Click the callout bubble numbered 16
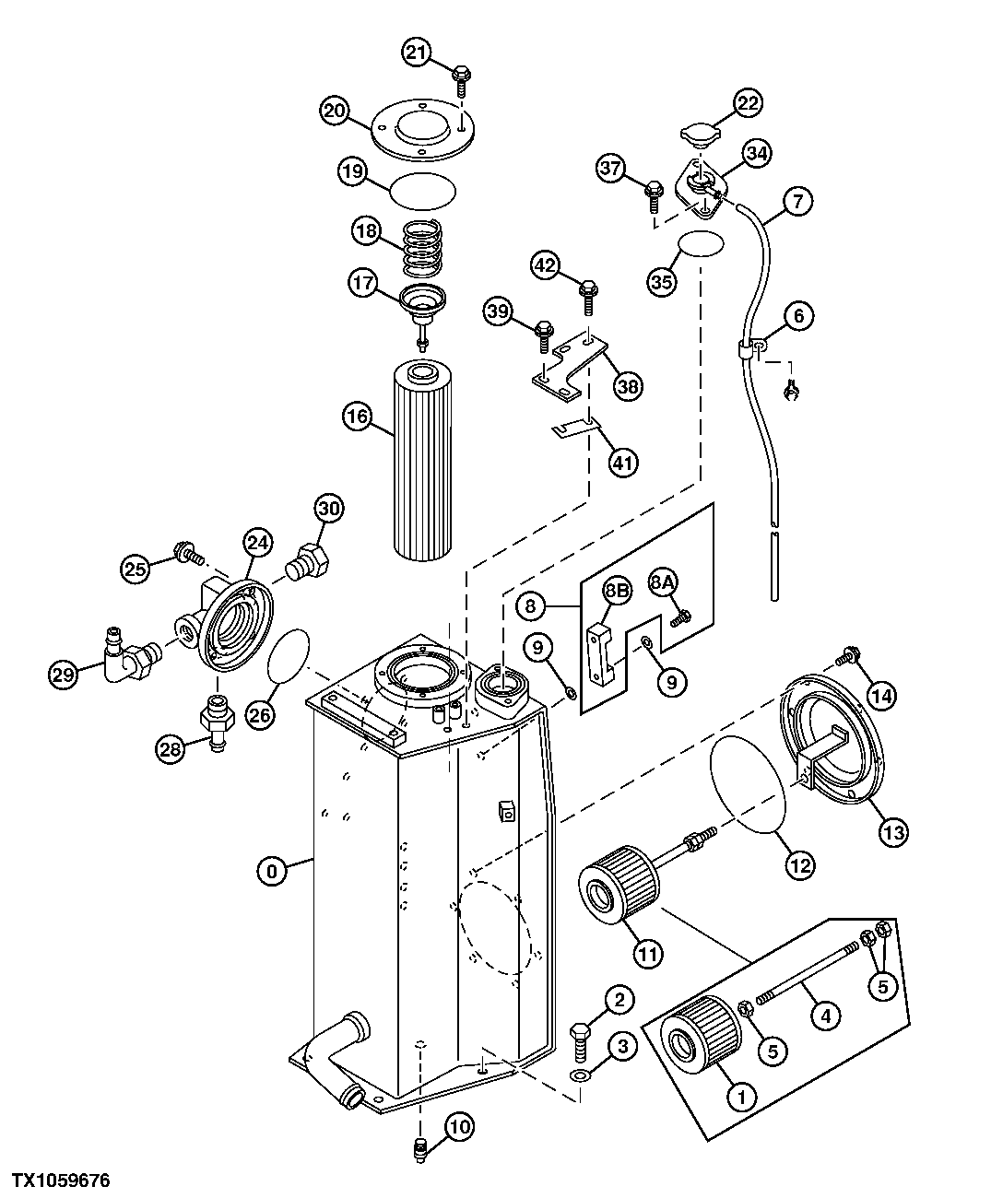(357, 417)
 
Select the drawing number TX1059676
(60, 1180)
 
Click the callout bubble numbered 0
(272, 869)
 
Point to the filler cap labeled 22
(700, 136)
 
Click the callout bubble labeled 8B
(616, 589)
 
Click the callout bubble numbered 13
(893, 831)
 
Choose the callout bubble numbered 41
(623, 461)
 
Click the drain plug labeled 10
(419, 1146)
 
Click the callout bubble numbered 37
(610, 168)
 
